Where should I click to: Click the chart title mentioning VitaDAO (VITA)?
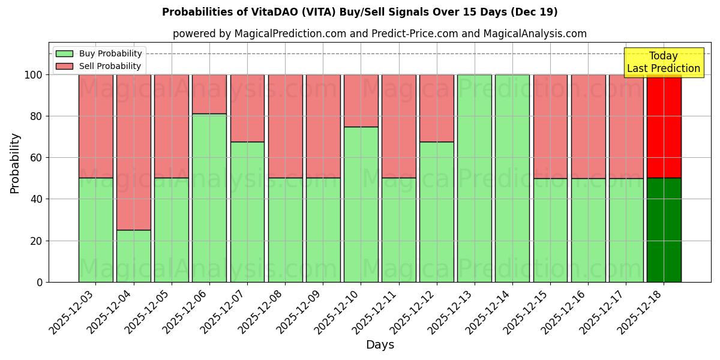tap(359, 12)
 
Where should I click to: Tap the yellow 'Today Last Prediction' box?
tap(663, 62)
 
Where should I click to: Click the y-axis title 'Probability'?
tap(15, 163)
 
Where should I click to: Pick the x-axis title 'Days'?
tap(380, 345)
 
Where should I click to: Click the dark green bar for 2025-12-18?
tap(664, 230)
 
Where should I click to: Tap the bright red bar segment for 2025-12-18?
tap(664, 126)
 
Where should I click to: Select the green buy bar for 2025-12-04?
tap(133, 256)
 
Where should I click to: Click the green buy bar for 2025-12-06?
tap(209, 197)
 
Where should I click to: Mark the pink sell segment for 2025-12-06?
tap(209, 94)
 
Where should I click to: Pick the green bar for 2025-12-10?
tap(361, 204)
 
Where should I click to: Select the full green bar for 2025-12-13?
tap(474, 178)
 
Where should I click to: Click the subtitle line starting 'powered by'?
tap(379, 34)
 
